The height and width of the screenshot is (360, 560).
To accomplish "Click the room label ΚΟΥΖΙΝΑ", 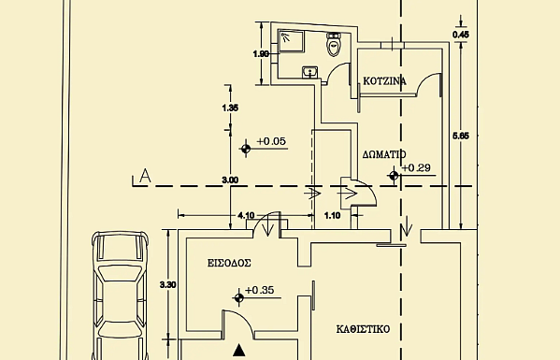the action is [384, 81].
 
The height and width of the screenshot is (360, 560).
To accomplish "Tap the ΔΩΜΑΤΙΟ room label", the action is [384, 154].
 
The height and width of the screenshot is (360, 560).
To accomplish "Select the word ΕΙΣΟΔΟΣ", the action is [229, 263].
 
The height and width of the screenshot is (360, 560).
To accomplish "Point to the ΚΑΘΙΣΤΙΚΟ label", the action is [364, 329].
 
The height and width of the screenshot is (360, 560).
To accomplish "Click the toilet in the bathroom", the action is [334, 44].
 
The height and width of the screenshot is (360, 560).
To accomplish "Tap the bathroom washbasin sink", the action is [310, 72].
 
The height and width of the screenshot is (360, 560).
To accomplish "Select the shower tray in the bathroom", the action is [292, 41].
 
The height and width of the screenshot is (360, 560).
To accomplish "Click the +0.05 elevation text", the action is [271, 141].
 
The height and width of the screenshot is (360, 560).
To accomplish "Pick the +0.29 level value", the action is [416, 167].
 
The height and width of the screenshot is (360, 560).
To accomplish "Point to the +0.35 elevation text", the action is [260, 290].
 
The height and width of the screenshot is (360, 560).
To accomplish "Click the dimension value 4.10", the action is [246, 215].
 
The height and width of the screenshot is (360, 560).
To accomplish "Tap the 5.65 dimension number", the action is [461, 136].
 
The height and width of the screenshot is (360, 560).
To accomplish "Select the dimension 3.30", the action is [167, 284].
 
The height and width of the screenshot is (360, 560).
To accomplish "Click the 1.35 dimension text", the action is [230, 108].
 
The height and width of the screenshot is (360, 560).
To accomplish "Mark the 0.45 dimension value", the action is [461, 35].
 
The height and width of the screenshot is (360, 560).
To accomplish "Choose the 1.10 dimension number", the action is [332, 215].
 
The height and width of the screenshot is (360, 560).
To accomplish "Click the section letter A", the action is [145, 176].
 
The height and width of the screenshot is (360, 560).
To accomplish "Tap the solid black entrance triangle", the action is [239, 350].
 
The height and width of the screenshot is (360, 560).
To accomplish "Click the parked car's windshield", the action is [120, 273].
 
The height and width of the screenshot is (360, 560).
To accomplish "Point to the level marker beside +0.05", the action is [246, 149].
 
